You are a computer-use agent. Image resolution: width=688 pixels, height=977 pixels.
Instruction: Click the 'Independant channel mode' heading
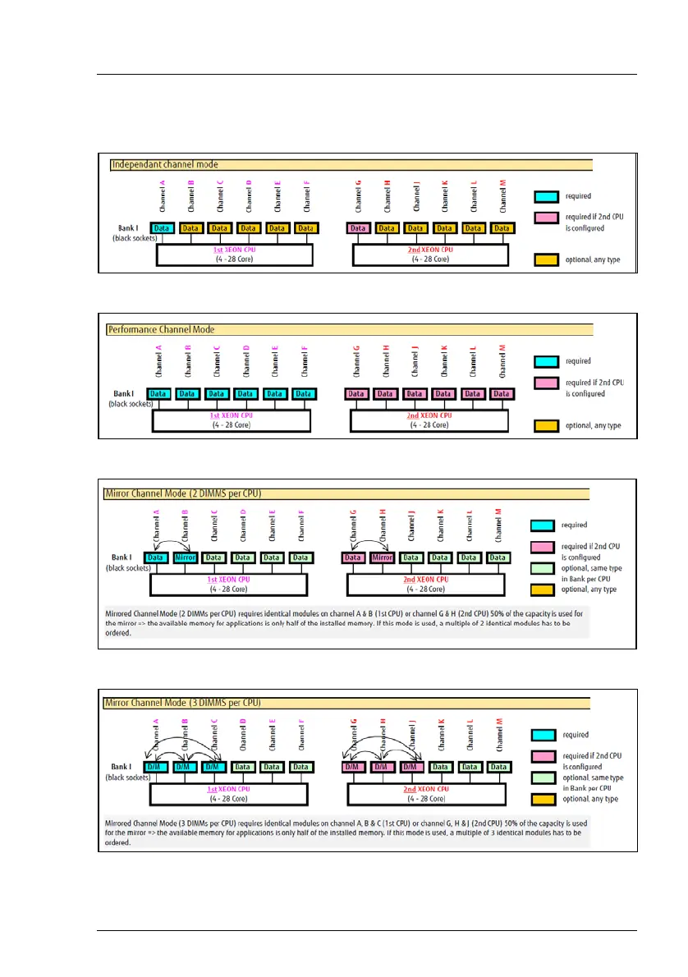pos(165,165)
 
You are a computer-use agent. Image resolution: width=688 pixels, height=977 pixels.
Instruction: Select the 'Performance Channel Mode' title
pos(162,329)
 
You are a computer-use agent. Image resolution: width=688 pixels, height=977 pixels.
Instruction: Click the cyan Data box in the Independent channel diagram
pos(162,228)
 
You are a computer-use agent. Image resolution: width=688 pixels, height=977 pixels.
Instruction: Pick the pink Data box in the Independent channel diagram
pos(358,228)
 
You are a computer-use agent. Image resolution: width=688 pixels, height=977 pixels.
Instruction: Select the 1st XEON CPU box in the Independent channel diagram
pos(234,254)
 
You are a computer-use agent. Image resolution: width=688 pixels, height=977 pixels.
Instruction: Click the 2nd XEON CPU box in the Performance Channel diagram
pos(429,420)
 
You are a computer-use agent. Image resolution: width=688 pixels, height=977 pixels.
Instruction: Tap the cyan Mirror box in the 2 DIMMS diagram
pos(186,558)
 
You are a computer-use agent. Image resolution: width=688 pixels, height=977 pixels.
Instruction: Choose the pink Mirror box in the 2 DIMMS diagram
pos(383,558)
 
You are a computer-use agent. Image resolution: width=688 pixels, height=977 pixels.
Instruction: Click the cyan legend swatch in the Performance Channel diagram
pos(547,361)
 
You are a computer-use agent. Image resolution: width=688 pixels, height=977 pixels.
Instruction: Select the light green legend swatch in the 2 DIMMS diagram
pos(547,567)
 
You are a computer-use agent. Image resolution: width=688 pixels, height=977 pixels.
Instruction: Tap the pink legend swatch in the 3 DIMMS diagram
pos(547,756)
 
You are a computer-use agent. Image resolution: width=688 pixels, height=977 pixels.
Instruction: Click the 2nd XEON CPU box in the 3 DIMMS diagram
pos(425,793)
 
